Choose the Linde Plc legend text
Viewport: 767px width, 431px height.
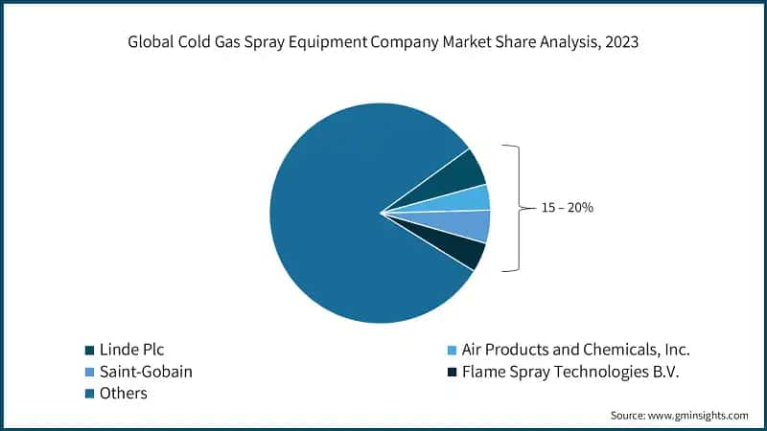[131, 350]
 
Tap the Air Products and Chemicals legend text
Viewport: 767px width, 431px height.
[575, 350]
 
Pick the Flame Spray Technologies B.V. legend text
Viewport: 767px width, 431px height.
[569, 372]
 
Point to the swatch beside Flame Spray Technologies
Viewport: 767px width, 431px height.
[452, 373]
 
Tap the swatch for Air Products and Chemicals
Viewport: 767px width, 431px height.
[452, 351]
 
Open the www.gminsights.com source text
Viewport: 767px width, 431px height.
[699, 416]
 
